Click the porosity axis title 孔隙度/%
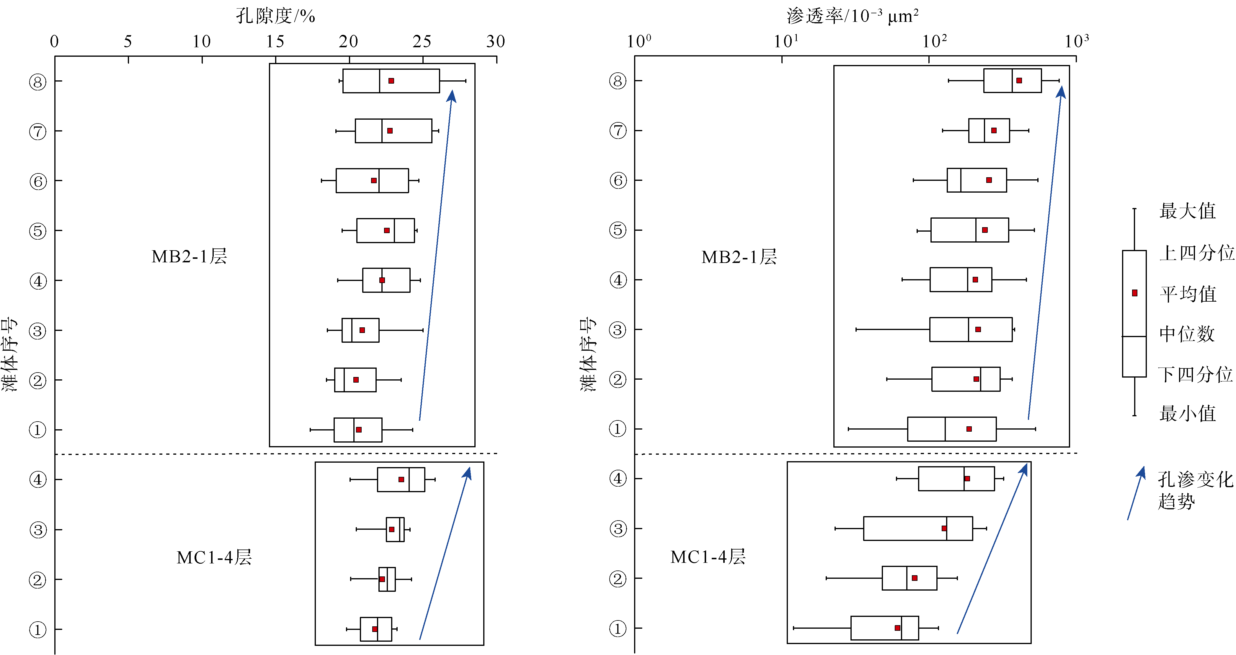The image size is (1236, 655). (x=275, y=16)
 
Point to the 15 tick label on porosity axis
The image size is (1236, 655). (x=275, y=42)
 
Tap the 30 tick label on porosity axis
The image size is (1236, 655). (x=496, y=42)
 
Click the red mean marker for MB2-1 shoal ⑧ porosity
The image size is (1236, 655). (x=391, y=81)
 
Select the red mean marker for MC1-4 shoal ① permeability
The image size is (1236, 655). (x=897, y=628)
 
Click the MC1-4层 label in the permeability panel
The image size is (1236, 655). (x=708, y=557)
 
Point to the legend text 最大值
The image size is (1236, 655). (x=1188, y=211)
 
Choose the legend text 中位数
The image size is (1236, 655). (x=1187, y=334)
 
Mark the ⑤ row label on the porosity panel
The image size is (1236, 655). (x=38, y=231)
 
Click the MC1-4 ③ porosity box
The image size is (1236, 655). (x=395, y=529)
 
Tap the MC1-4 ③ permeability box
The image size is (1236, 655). (x=918, y=528)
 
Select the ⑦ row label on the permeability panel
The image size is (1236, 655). (x=618, y=131)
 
